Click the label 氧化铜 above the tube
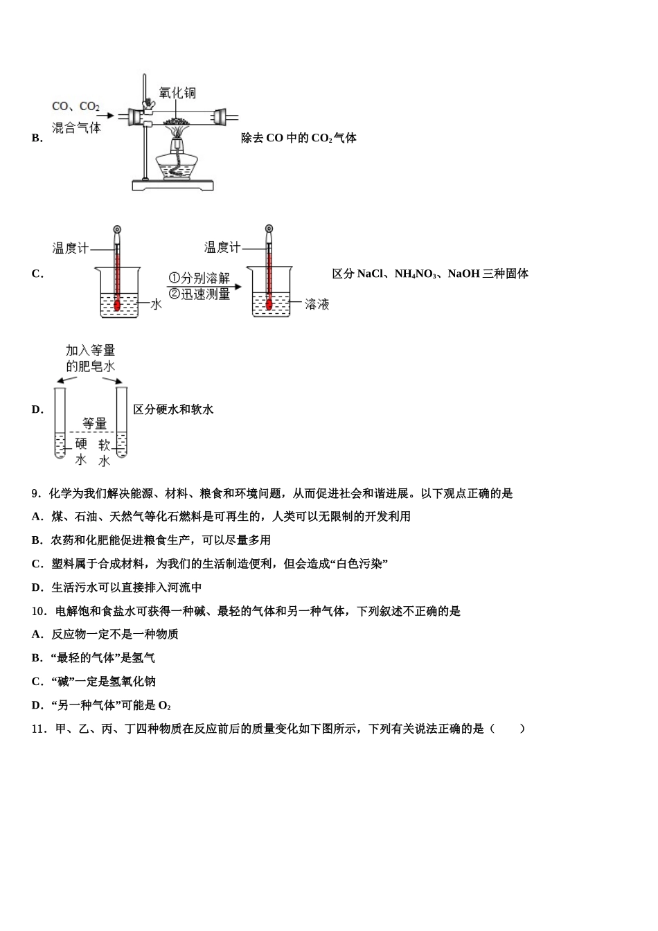(177, 92)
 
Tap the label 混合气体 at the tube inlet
(76, 127)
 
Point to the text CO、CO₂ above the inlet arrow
(75, 107)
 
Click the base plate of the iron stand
(172, 185)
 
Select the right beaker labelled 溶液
(269, 294)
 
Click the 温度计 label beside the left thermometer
(71, 248)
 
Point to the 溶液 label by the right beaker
(317, 304)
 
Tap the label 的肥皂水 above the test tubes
(90, 366)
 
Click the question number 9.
(35, 493)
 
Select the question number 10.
(38, 611)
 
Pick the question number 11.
(38, 729)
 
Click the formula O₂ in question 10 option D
(164, 705)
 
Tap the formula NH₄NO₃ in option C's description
(416, 274)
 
